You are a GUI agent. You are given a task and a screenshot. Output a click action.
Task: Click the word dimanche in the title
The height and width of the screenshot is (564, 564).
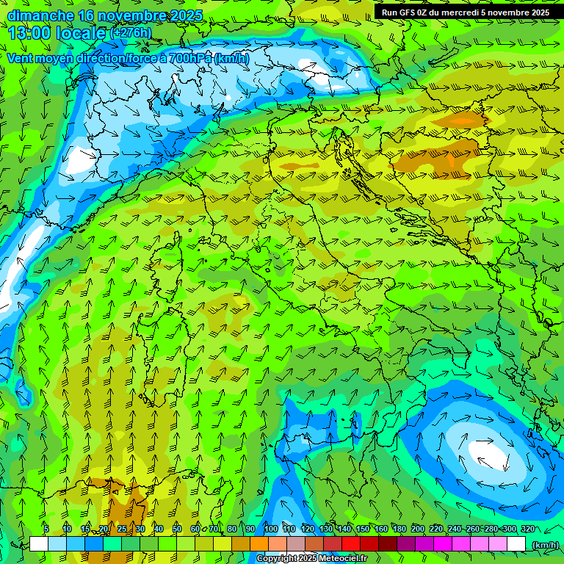tap(40, 15)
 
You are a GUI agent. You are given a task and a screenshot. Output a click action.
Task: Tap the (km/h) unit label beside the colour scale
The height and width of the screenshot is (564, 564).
tap(545, 544)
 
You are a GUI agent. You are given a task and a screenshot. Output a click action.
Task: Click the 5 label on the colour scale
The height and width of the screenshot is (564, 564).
tap(46, 529)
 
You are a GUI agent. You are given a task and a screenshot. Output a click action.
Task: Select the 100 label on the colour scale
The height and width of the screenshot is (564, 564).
tap(270, 529)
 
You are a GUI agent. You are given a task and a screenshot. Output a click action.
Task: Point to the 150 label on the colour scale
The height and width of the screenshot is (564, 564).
tap(363, 529)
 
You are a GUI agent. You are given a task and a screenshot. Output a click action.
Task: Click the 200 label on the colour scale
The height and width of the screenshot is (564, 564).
tap(418, 529)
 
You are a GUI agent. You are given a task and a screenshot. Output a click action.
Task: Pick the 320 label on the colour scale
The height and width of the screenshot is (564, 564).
tap(527, 529)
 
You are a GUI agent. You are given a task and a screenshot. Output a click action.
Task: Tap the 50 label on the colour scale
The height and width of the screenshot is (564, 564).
tap(177, 529)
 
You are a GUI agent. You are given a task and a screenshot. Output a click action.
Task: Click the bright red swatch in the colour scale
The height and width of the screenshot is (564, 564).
tap(351, 543)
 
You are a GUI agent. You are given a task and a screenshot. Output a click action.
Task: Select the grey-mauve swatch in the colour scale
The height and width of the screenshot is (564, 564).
tap(295, 543)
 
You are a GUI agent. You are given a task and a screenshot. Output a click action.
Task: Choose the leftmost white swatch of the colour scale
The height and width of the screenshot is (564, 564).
tap(39, 543)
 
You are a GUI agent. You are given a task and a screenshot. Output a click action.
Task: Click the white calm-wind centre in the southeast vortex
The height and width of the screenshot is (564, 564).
tap(491, 454)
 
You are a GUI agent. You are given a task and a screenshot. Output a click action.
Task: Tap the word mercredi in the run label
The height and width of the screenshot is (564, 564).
tap(462, 12)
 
